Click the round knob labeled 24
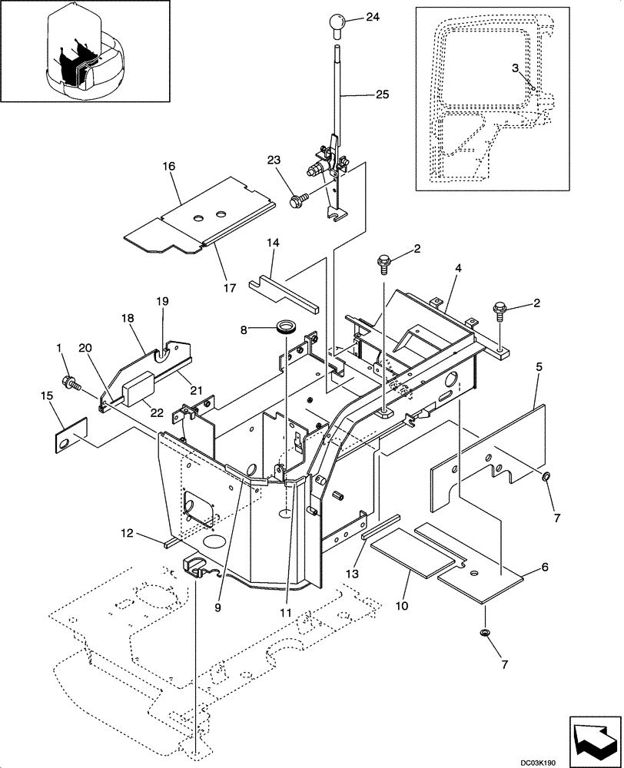(340, 23)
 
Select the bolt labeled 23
(296, 202)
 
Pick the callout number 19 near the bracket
(162, 301)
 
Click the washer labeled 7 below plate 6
(486, 632)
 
